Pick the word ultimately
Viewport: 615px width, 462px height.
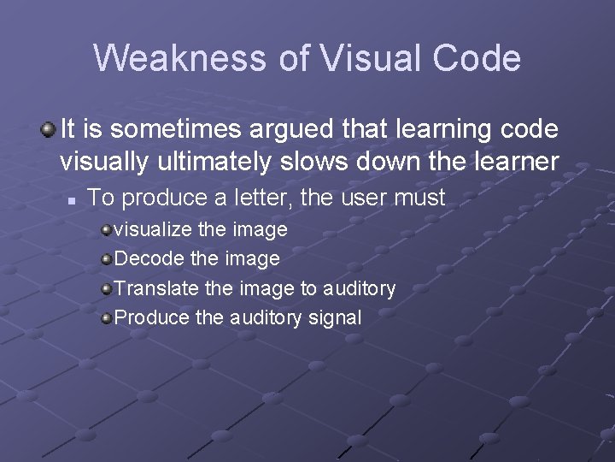pos(218,161)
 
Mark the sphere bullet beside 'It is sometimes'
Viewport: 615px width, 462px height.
pos(49,130)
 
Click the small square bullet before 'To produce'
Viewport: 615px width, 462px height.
pos(73,199)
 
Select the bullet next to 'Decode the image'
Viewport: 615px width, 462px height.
pos(106,258)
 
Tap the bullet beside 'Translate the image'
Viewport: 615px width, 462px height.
pos(106,288)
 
